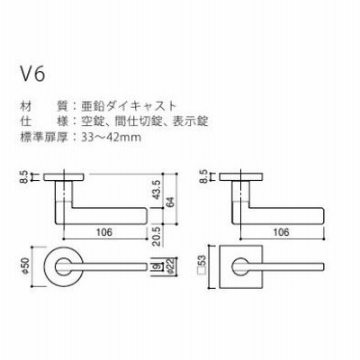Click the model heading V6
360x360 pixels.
tap(32, 74)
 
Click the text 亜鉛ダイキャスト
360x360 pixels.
tap(129, 106)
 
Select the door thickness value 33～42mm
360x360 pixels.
tap(111, 138)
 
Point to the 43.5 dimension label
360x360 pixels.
tap(157, 190)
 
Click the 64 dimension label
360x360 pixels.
tap(170, 201)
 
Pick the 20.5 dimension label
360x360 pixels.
tap(156, 237)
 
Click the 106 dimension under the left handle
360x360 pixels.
tap(104, 232)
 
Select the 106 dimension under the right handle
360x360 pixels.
tap(282, 232)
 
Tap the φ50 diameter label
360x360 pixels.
tap(24, 265)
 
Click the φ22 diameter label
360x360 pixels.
tap(170, 265)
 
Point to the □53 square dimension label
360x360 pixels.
tap(202, 265)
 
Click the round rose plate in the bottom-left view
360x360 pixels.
tap(49, 266)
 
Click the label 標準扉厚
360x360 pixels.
tap(43, 138)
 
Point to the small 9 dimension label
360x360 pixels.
tap(157, 266)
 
